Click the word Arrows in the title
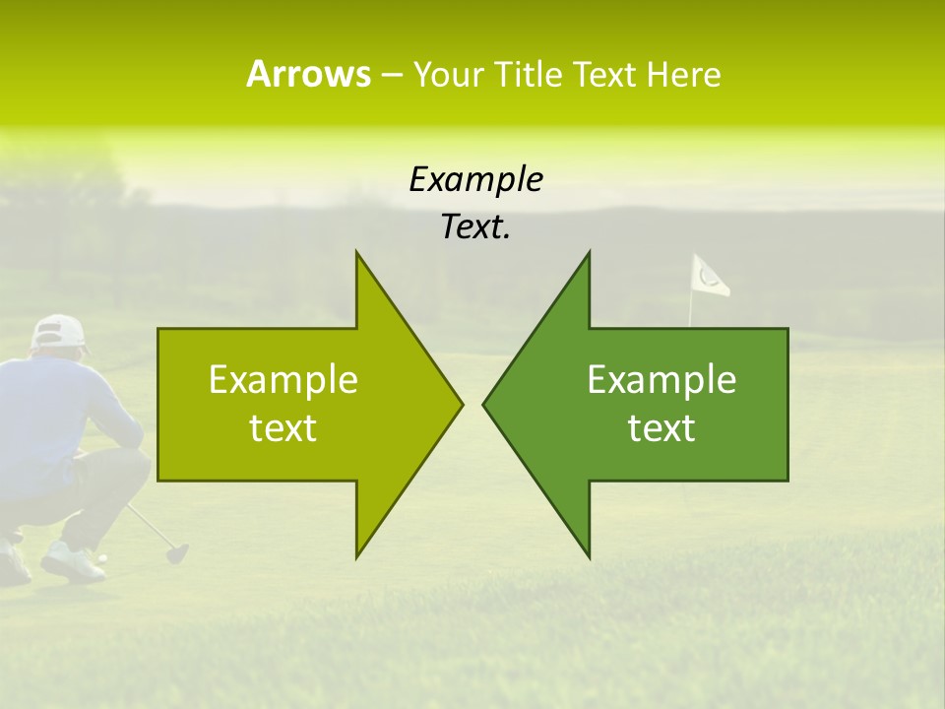(307, 74)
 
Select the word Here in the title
(683, 75)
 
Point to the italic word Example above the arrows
(475, 179)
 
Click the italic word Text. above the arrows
(475, 227)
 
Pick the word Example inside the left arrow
(283, 379)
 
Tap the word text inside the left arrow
(283, 428)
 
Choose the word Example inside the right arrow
(661, 379)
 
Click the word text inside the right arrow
(661, 428)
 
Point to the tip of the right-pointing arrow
(461, 404)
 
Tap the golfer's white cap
(58, 333)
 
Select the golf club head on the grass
(177, 553)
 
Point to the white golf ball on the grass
(101, 558)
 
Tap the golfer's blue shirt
(59, 414)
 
